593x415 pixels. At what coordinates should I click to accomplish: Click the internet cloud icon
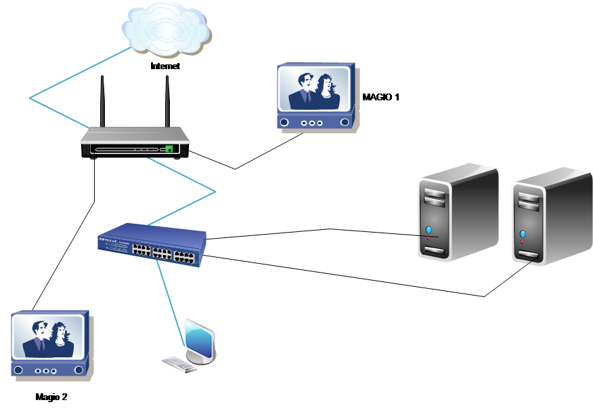(x=166, y=28)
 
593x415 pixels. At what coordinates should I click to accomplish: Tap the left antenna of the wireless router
(x=102, y=102)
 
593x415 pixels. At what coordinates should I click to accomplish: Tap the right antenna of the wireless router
(x=167, y=102)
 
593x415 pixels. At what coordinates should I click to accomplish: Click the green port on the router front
(x=169, y=148)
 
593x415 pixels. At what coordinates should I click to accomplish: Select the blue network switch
(x=152, y=245)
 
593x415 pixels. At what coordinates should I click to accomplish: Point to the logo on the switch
(x=108, y=239)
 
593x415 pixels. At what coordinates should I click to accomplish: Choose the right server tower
(x=551, y=217)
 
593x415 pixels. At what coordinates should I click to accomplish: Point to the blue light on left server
(x=429, y=231)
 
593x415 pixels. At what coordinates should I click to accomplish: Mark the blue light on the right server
(x=522, y=235)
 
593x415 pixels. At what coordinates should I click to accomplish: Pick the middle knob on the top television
(x=312, y=123)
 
